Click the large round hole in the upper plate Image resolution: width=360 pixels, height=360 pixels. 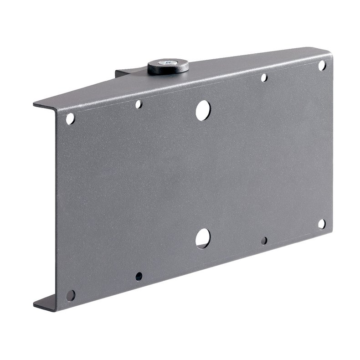click(x=203, y=110)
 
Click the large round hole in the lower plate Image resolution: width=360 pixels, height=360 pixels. click(x=203, y=238)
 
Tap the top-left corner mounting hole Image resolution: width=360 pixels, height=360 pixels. click(x=70, y=119)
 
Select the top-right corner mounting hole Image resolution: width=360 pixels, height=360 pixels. click(x=322, y=66)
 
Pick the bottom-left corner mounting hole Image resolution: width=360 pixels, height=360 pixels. click(x=71, y=295)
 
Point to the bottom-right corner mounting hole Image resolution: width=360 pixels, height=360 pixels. click(x=321, y=224)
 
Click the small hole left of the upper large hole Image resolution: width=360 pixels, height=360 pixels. click(x=139, y=104)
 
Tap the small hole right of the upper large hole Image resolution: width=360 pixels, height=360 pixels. click(x=264, y=78)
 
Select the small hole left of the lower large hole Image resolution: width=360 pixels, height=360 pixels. click(x=139, y=276)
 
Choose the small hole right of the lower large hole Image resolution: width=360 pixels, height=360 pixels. click(x=264, y=240)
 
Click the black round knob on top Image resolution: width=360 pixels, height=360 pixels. click(x=168, y=67)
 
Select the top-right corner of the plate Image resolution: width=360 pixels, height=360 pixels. click(x=331, y=56)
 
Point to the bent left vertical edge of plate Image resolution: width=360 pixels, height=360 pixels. click(x=57, y=205)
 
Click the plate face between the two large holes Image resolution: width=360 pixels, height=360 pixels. click(x=203, y=173)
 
